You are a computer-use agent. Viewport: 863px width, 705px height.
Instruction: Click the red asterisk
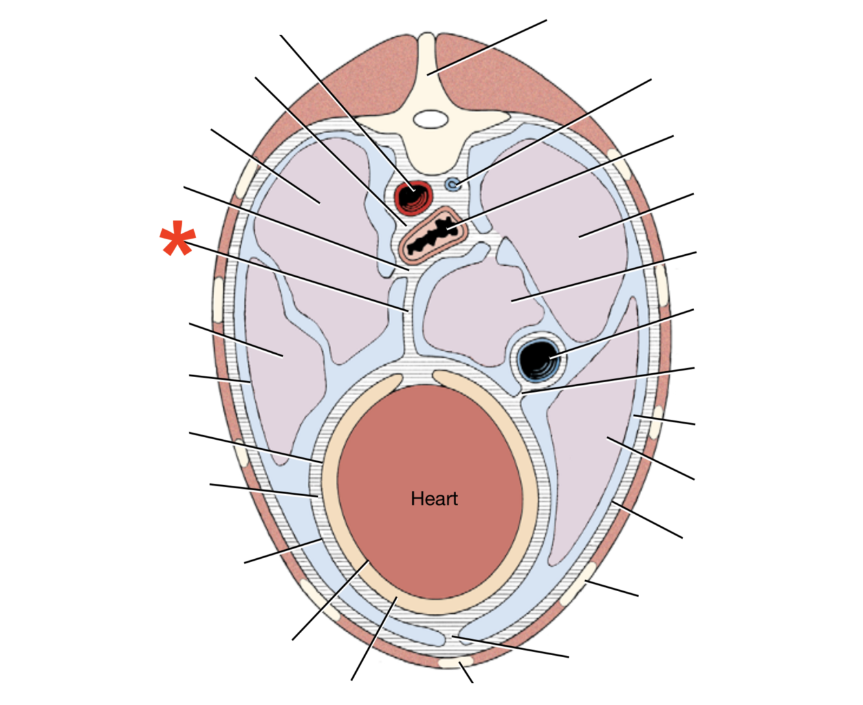coord(177,240)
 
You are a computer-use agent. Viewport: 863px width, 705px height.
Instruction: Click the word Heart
coord(434,499)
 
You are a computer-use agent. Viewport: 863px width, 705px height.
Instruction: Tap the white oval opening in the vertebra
coord(430,119)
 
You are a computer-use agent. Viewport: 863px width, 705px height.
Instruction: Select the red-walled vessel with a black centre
coord(412,197)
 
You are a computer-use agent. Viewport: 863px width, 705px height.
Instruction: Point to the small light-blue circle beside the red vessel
coord(453,185)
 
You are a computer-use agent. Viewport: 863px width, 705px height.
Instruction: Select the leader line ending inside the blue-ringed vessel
coord(621,333)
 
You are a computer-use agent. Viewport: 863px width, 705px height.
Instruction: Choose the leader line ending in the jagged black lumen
coord(563,182)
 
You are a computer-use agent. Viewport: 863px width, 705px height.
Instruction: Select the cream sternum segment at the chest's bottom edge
coord(456,663)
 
